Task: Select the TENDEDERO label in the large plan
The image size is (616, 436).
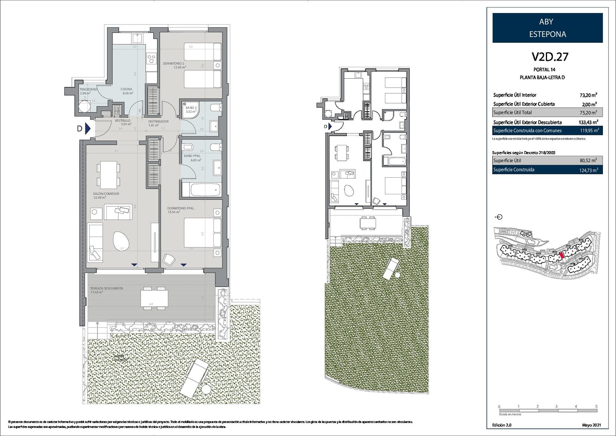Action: point(88,89)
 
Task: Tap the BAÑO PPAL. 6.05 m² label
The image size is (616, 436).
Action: point(192,158)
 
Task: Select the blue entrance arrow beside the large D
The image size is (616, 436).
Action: point(88,128)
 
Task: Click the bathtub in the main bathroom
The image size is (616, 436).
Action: point(200,190)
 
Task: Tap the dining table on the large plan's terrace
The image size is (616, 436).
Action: point(154,298)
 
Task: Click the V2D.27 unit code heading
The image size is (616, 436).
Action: point(550,57)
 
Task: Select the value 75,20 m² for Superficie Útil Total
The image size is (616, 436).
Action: point(588,113)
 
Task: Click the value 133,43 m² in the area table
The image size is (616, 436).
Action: point(588,122)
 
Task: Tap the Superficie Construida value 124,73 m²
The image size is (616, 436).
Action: point(588,170)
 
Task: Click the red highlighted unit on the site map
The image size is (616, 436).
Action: point(562,255)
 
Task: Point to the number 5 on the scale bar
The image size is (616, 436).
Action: point(596,406)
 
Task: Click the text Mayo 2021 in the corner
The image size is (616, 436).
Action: point(591,425)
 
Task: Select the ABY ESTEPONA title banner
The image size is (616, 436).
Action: point(547,28)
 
